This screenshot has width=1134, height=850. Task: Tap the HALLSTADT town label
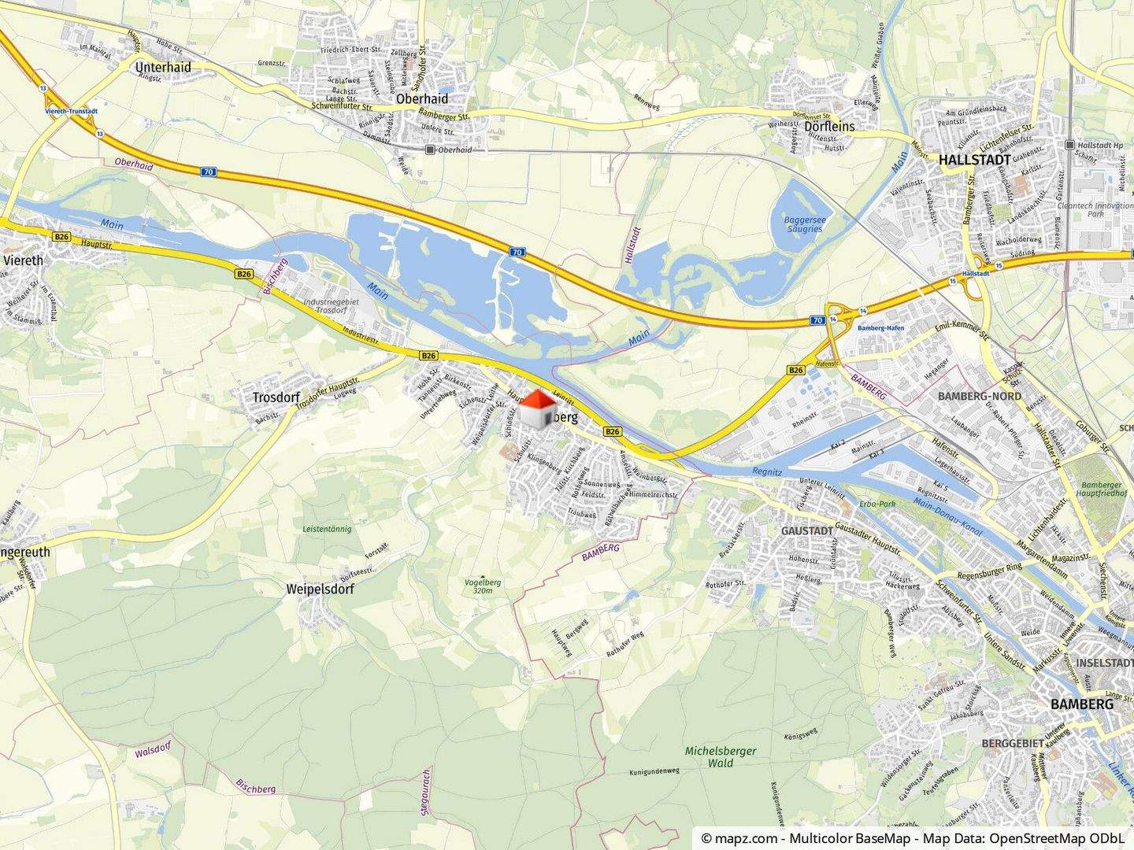[x=975, y=159]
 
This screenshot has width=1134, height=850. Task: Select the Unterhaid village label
[x=164, y=68]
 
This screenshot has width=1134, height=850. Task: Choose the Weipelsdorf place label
[x=321, y=589]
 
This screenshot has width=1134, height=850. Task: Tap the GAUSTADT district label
[x=807, y=531]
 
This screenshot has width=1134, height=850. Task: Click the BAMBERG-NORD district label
[x=980, y=396]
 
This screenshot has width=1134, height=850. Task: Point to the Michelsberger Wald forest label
[x=721, y=756]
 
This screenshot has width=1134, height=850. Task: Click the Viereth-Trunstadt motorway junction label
[x=70, y=112]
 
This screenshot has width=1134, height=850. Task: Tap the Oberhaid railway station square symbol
[x=429, y=150]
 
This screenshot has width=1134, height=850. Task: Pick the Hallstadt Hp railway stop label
[x=1100, y=145]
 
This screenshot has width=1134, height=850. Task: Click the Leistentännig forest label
[x=326, y=529]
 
